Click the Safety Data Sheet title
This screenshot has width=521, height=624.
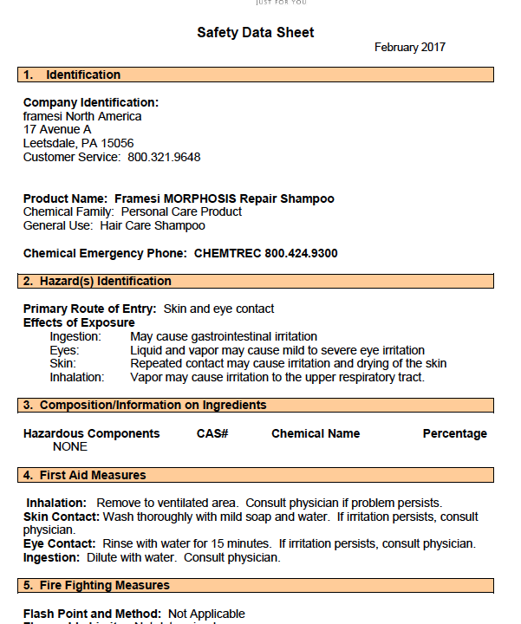click(255, 33)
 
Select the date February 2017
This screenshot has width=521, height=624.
click(410, 48)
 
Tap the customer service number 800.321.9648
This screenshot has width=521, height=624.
click(164, 157)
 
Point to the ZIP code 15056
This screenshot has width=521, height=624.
click(116, 143)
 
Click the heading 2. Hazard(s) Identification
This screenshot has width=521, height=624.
click(97, 281)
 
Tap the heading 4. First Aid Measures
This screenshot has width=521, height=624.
click(85, 475)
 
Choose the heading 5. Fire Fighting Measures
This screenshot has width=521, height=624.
click(97, 585)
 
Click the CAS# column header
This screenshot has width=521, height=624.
click(212, 433)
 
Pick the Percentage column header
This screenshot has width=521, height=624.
click(454, 433)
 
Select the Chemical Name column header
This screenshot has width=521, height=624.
click(316, 433)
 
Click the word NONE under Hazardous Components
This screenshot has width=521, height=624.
click(70, 446)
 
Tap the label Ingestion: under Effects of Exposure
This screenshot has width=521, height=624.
click(75, 336)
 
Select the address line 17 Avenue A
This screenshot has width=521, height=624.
click(57, 129)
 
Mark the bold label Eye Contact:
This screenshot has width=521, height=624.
click(59, 543)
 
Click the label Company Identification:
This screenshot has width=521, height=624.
click(91, 102)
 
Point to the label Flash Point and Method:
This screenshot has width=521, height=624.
click(92, 614)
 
